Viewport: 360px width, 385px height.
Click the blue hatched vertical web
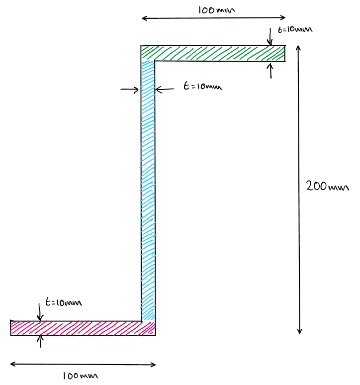click(x=148, y=189)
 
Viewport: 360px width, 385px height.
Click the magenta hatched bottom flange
click(x=80, y=328)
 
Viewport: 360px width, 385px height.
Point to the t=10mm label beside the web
click(x=202, y=87)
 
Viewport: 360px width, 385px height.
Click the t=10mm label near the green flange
click(x=295, y=30)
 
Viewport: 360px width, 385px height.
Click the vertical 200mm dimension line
click(x=299, y=149)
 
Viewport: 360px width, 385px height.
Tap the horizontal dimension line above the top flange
click(x=214, y=18)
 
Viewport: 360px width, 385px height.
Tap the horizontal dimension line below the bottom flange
click(x=83, y=365)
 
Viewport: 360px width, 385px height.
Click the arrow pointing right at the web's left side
click(x=130, y=90)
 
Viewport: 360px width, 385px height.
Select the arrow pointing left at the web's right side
click(x=164, y=90)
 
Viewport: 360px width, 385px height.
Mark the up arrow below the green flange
click(x=270, y=70)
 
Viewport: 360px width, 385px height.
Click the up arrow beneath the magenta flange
click(x=40, y=342)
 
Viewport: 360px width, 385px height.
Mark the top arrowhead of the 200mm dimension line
click(x=298, y=48)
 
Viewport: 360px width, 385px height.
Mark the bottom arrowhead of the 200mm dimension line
click(x=299, y=331)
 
